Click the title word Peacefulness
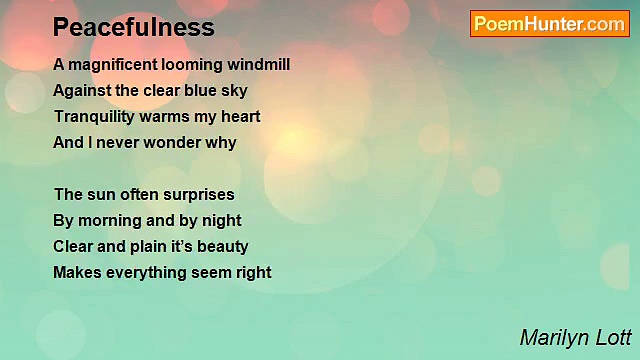133,27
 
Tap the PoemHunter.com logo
549,24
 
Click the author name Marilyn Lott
575,337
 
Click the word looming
190,65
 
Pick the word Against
83,91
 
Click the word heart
240,117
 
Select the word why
221,143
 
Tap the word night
221,221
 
